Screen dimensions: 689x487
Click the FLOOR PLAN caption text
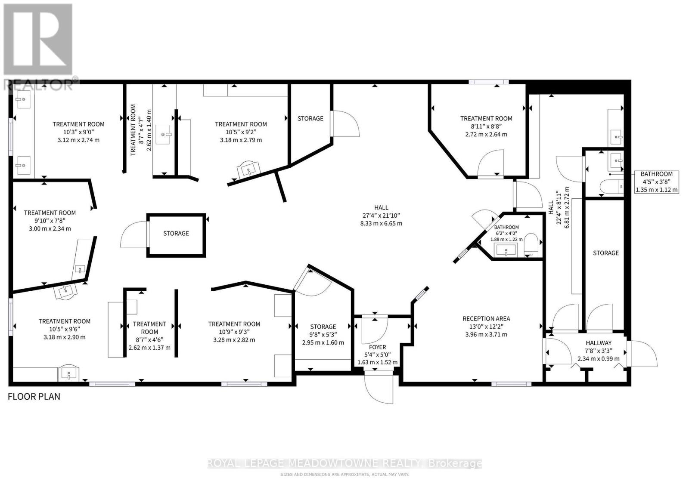point(34,397)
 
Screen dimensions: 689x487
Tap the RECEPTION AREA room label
point(486,319)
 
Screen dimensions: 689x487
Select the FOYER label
point(377,347)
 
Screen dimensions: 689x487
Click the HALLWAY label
point(599,342)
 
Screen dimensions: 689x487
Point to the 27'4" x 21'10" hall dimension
point(381,216)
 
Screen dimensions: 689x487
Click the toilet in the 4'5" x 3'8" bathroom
point(611,186)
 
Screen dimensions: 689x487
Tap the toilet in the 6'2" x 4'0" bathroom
point(531,244)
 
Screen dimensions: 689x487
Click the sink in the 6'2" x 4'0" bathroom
point(506,250)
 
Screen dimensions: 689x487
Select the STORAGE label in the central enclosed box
point(176,233)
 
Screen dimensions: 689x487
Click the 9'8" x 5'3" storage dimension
point(323,334)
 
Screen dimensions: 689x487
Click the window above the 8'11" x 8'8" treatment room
point(488,82)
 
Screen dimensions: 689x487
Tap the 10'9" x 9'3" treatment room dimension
point(234,332)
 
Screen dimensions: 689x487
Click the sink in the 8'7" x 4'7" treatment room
point(163,134)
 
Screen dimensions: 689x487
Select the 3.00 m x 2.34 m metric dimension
point(50,228)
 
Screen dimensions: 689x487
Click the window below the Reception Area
point(511,384)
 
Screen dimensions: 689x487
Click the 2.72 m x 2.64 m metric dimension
point(486,134)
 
